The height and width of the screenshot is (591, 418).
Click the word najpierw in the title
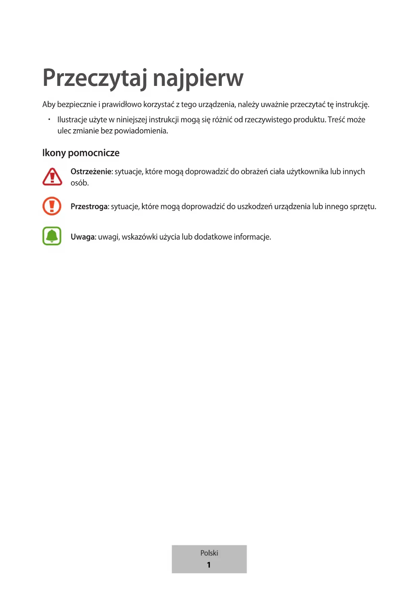click(x=198, y=78)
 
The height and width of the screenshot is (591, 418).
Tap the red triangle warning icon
click(x=52, y=177)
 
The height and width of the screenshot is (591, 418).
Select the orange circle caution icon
click(x=52, y=206)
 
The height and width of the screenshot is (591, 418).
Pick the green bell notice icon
click(x=52, y=236)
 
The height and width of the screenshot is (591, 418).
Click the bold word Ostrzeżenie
click(x=91, y=172)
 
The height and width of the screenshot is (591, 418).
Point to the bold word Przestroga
click(x=89, y=206)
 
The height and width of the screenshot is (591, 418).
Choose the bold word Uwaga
click(x=83, y=237)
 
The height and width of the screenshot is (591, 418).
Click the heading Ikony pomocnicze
click(x=81, y=153)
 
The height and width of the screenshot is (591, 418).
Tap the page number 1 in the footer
click(x=209, y=565)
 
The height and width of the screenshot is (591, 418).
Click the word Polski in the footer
click(x=209, y=553)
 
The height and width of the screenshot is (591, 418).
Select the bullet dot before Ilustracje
click(x=49, y=119)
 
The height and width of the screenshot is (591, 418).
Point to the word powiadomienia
click(x=141, y=131)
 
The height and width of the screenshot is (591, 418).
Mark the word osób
click(x=79, y=183)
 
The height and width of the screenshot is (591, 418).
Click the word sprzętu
click(x=363, y=207)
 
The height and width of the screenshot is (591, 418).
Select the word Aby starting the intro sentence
click(x=49, y=104)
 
